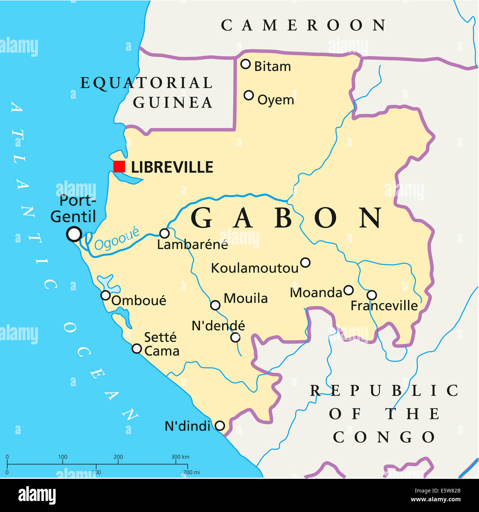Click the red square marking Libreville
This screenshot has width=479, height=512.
click(x=119, y=167)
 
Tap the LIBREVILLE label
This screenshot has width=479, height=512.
click(x=172, y=167)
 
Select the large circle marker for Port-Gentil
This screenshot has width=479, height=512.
click(x=74, y=234)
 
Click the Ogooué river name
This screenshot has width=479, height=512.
click(x=117, y=239)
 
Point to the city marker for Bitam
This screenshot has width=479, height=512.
click(x=245, y=64)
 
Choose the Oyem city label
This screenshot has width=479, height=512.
click(x=276, y=100)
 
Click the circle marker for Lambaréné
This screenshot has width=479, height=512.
click(x=164, y=233)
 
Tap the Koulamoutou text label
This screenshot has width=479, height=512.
click(x=255, y=268)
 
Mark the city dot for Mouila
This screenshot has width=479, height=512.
click(x=215, y=305)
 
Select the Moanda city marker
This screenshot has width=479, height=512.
click(x=349, y=290)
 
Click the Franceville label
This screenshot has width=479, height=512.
click(x=384, y=306)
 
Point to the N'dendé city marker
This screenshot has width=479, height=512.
click(x=235, y=337)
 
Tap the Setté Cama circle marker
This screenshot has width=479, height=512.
click(x=137, y=348)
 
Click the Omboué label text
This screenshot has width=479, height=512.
click(x=139, y=301)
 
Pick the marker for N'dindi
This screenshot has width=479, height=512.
click(x=220, y=426)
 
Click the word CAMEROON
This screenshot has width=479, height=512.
click(x=304, y=25)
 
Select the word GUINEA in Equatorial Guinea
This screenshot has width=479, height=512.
click(x=173, y=102)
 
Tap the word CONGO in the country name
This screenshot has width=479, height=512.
click(x=384, y=438)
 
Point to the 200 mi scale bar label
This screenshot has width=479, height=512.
click(x=191, y=472)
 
